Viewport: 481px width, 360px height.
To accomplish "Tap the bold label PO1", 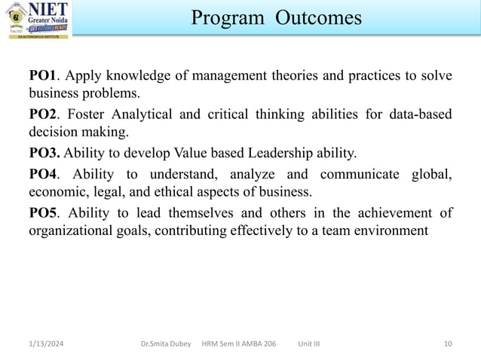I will (43, 76).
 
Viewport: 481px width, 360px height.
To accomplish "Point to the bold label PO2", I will (43, 115).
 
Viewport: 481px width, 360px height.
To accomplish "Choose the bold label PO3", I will (44, 154).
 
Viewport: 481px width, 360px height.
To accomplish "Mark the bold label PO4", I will (43, 175).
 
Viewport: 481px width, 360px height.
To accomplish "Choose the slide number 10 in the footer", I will (449, 344).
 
